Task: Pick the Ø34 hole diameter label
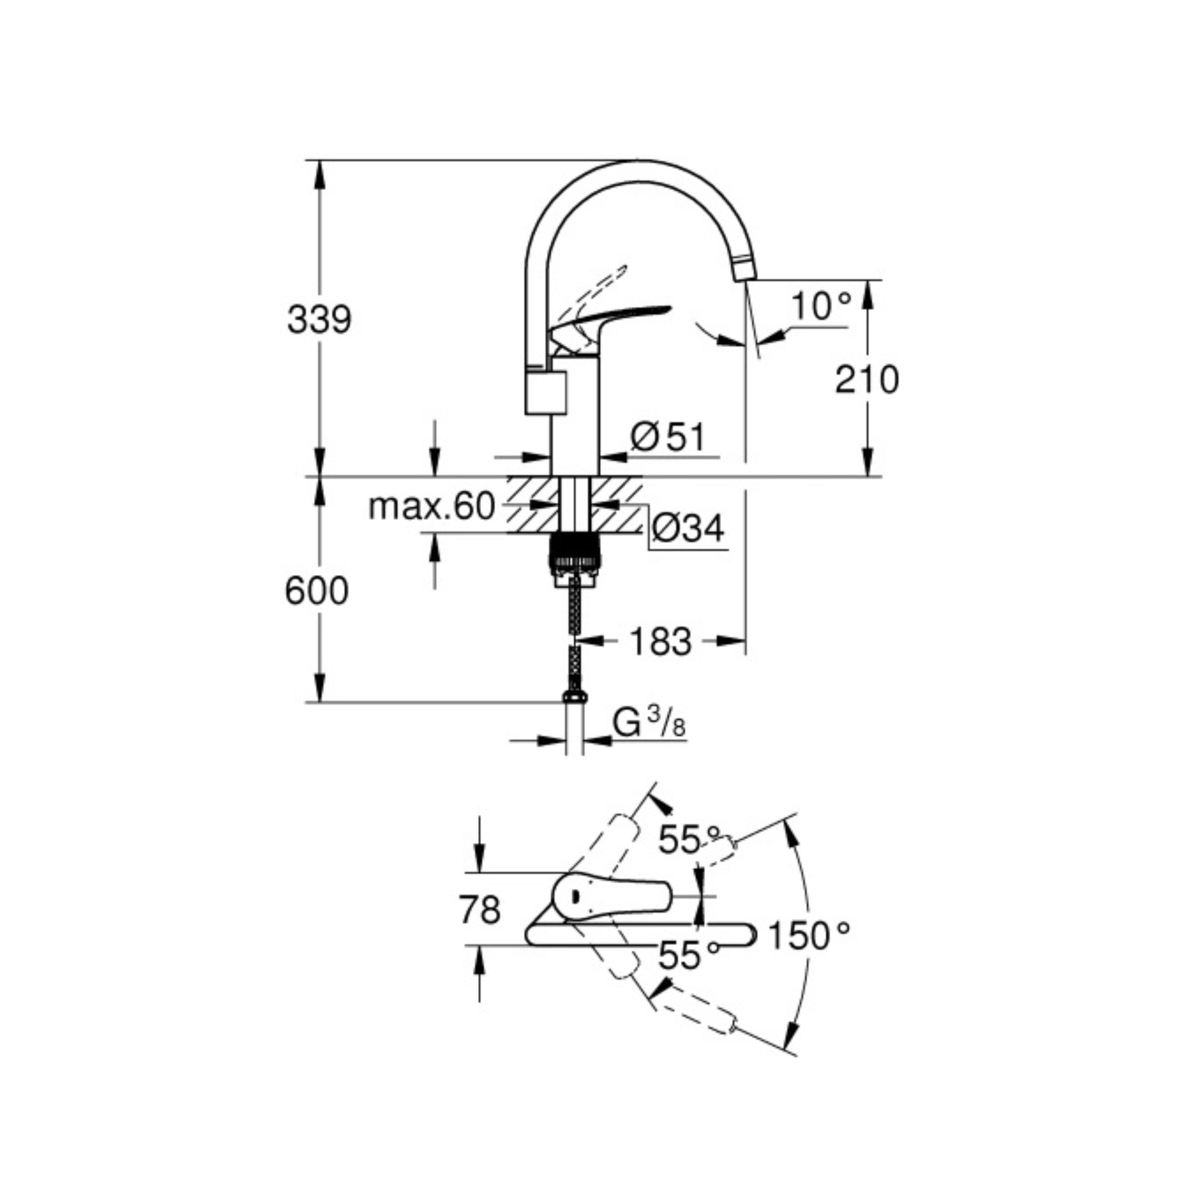688,529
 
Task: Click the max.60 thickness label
432,506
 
